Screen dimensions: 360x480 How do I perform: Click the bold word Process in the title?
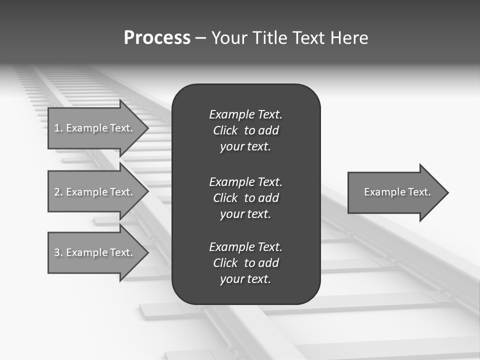coord(157,38)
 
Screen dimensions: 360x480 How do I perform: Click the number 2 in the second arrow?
coord(57,192)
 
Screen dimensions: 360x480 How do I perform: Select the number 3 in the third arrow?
coord(57,252)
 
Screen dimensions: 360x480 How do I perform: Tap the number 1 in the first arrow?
coord(56,128)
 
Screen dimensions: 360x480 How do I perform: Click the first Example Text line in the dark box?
coord(245,114)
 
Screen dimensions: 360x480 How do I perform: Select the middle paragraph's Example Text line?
coord(245,181)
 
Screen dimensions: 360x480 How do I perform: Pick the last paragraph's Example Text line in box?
coord(245,247)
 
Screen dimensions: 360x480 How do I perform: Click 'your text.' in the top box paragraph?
coord(245,147)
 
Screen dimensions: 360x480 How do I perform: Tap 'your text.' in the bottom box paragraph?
coord(245,279)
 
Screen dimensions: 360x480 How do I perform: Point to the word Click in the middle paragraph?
coord(225,198)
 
